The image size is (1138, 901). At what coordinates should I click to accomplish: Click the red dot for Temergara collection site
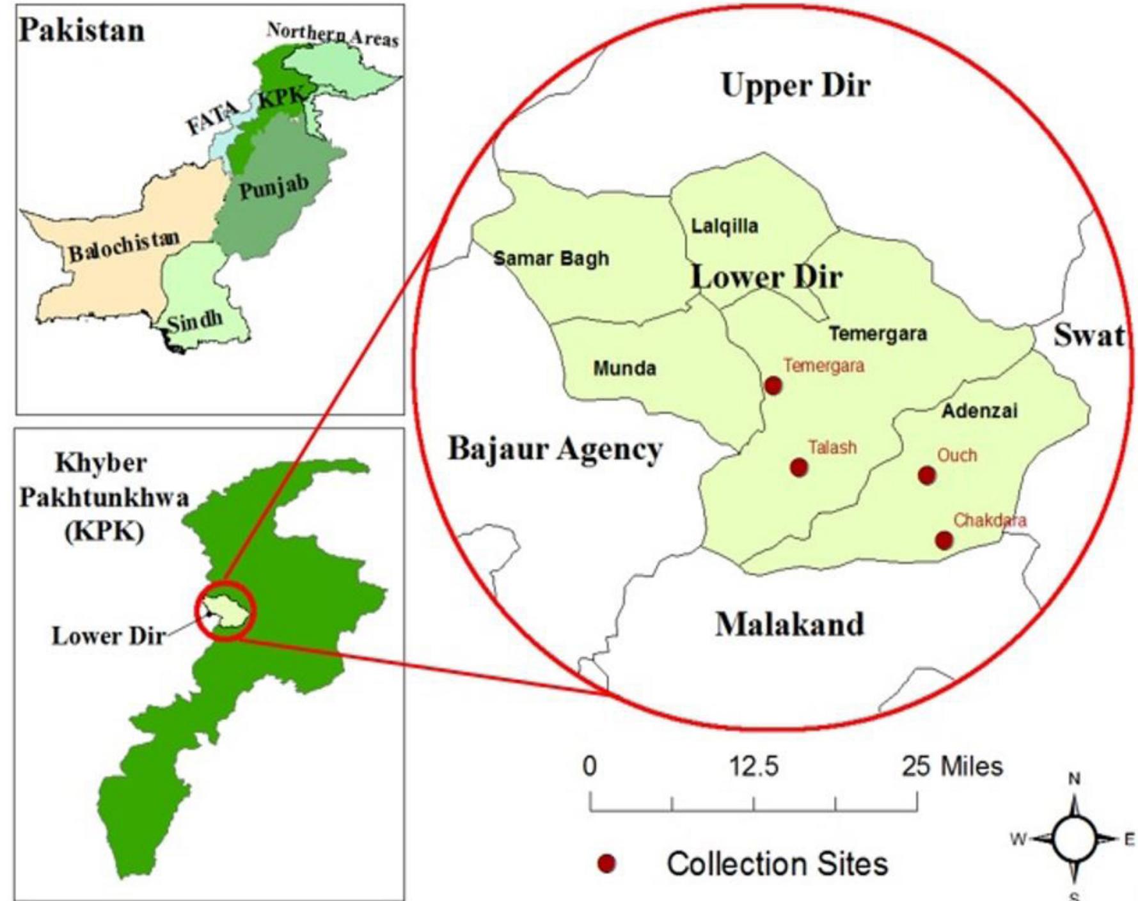click(x=773, y=386)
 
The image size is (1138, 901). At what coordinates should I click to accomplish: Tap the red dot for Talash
click(x=798, y=467)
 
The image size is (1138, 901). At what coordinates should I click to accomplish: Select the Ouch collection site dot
click(x=927, y=475)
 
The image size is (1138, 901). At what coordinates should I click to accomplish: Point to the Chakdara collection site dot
click(x=944, y=540)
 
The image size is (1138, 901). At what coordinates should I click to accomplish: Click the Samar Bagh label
click(x=551, y=259)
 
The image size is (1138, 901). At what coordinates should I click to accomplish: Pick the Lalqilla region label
click(x=725, y=226)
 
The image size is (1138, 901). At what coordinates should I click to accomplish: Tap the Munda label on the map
click(x=624, y=368)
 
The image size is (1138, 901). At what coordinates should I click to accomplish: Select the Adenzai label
click(x=979, y=411)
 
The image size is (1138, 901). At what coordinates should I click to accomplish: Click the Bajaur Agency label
click(x=555, y=448)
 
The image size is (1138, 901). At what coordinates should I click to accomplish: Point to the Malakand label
click(x=789, y=623)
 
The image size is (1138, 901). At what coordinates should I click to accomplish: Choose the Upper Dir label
click(x=796, y=85)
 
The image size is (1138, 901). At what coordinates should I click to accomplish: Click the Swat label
click(x=1089, y=334)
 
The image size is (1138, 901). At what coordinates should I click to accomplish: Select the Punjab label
click(x=274, y=187)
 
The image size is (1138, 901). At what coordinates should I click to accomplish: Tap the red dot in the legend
click(x=606, y=865)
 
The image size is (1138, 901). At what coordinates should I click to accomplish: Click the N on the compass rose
click(x=1075, y=779)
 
